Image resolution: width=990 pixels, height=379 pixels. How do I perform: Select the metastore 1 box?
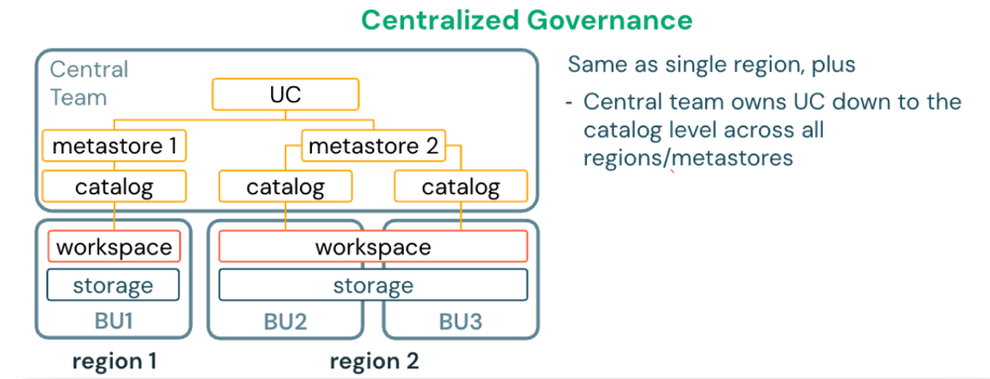(114, 147)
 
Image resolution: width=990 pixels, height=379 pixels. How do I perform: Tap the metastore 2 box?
(372, 147)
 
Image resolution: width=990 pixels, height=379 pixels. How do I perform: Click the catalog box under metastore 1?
(114, 186)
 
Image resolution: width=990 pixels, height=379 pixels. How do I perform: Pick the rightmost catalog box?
(460, 186)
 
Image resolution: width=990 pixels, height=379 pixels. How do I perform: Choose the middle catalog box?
(285, 186)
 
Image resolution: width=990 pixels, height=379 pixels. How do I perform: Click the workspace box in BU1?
(114, 246)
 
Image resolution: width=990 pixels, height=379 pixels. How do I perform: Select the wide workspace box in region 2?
(372, 246)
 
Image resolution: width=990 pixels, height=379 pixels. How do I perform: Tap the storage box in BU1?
(114, 285)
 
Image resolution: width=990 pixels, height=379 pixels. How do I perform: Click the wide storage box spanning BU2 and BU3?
(372, 285)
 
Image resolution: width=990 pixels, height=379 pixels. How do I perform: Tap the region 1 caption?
(114, 360)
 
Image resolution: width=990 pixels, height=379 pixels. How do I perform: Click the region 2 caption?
(372, 360)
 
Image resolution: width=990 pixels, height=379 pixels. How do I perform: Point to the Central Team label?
(89, 84)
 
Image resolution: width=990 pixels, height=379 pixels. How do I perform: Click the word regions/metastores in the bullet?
(687, 156)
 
